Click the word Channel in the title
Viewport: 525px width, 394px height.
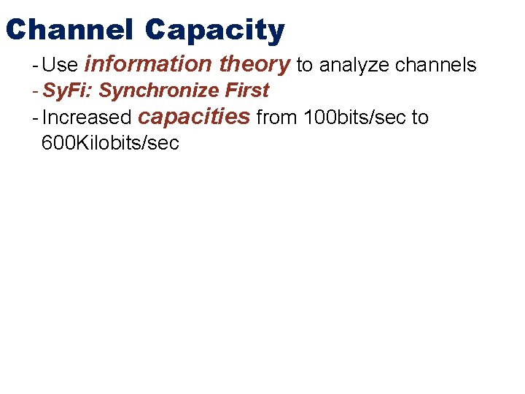69,30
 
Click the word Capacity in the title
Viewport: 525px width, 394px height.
214,30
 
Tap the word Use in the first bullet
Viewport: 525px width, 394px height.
60,66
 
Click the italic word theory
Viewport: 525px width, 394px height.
254,64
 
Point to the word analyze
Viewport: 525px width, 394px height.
354,66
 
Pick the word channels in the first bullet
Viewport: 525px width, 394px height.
435,66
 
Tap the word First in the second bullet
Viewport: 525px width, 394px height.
247,91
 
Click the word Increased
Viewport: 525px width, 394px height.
86,117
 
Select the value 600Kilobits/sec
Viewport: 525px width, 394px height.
110,143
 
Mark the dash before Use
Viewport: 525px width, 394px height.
35,66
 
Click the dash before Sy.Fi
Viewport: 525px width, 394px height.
35,91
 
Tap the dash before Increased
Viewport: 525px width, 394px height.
35,117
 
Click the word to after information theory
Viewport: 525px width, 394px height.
305,66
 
